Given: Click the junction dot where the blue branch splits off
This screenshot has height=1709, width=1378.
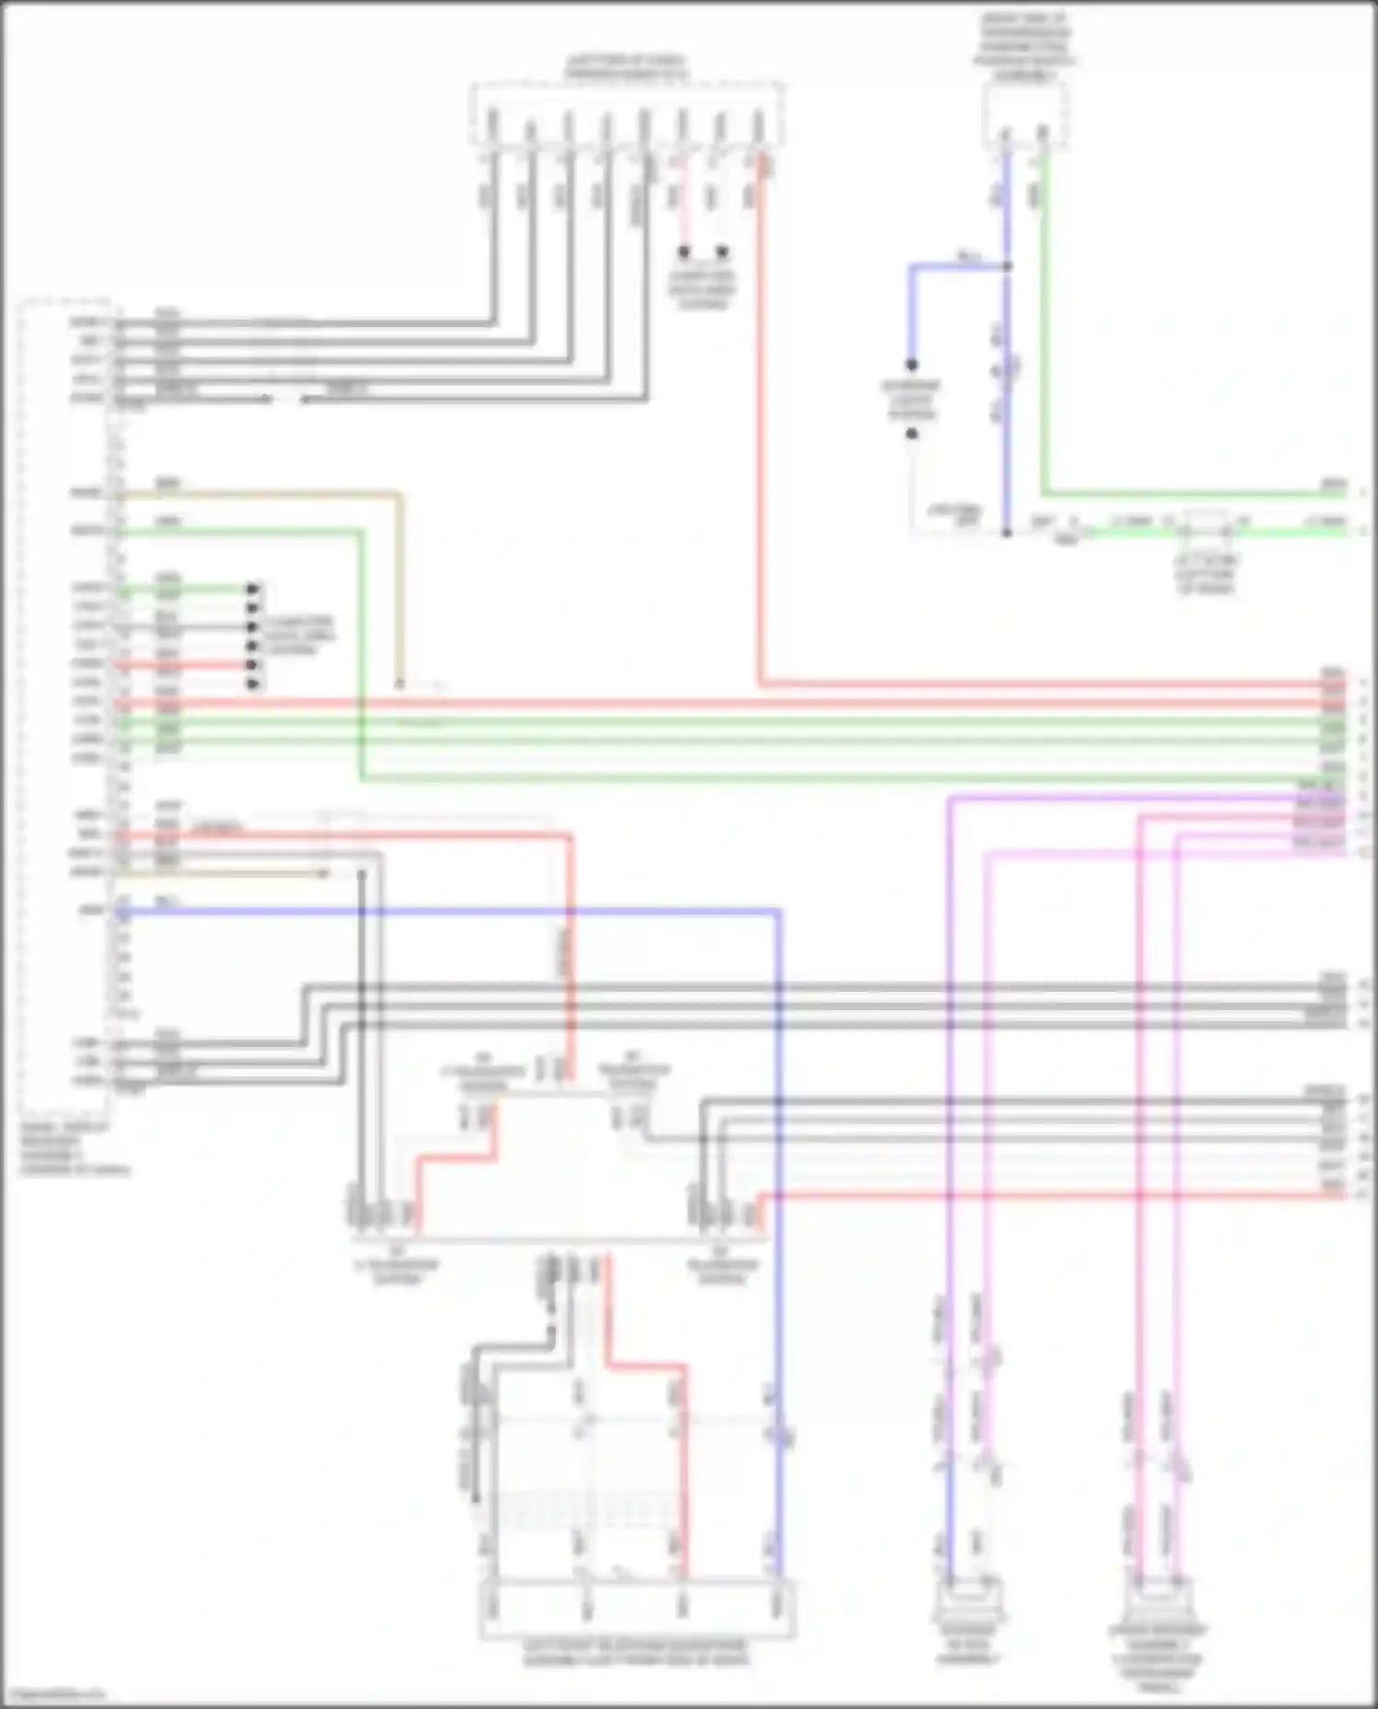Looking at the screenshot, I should pos(1007,267).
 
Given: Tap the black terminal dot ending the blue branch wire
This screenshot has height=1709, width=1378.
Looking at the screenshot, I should pos(912,365).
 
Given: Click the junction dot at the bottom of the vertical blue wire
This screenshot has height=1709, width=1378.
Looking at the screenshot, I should pos(1007,532).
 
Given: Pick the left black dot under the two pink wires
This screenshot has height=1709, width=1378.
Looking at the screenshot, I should pos(684,251).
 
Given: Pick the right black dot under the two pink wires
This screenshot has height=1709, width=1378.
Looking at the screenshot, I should pos(723,251).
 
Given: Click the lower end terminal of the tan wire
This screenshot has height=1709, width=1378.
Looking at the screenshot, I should pos(400,685).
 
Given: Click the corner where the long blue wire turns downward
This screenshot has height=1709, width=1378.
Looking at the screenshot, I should pos(779,912).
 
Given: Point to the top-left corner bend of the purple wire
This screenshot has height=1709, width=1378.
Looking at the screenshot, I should pos(948,799).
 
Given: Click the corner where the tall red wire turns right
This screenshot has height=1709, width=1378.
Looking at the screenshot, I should pos(761,684).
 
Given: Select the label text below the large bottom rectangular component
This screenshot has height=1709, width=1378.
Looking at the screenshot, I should pos(636,1651).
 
